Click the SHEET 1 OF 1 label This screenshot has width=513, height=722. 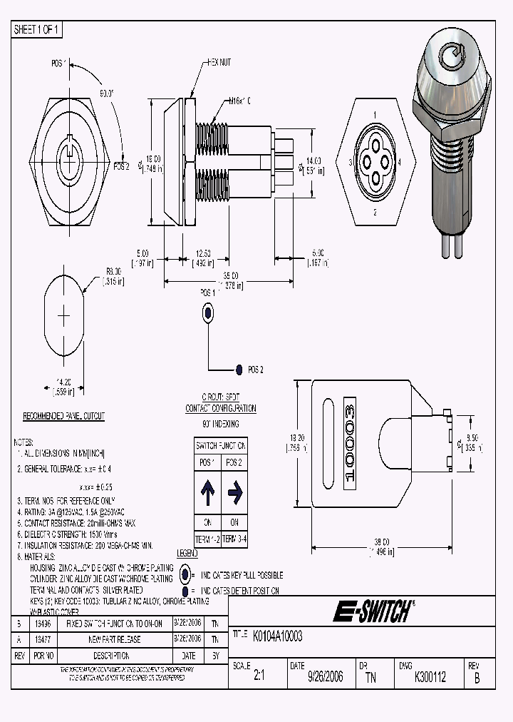pyautogui.click(x=37, y=29)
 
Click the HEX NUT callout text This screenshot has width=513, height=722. pyautogui.click(x=219, y=63)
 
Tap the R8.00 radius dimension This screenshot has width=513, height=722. pyautogui.click(x=114, y=271)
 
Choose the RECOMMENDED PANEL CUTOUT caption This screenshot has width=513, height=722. pyautogui.click(x=64, y=416)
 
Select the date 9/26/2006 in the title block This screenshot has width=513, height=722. pyautogui.click(x=325, y=677)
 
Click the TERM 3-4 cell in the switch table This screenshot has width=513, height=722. pyautogui.click(x=234, y=539)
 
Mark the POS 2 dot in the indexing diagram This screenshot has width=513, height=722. pyautogui.click(x=239, y=370)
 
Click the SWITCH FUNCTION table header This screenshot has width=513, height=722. pyautogui.click(x=221, y=445)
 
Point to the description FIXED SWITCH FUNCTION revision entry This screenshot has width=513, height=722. pyautogui.click(x=114, y=623)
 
